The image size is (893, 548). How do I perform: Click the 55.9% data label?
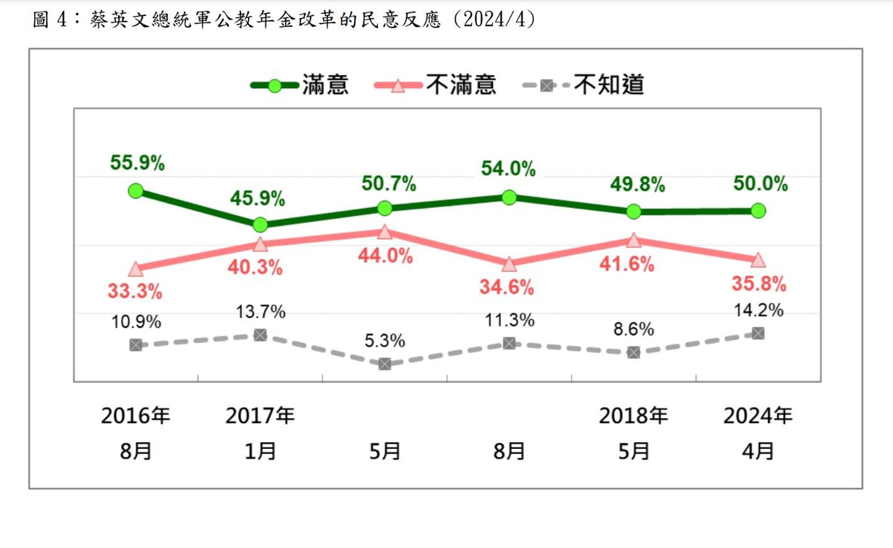tap(137, 163)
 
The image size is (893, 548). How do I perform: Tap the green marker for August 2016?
tap(136, 190)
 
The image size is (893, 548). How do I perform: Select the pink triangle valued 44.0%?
tap(384, 232)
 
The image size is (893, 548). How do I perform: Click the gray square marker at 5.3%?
tap(384, 364)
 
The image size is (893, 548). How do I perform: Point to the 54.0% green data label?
tap(508, 168)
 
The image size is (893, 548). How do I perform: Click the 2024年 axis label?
tap(757, 416)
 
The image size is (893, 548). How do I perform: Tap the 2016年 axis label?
tap(136, 416)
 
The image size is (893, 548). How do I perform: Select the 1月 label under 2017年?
tap(260, 451)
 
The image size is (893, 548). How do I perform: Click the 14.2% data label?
tap(758, 310)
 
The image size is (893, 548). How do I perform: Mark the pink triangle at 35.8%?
tap(758, 260)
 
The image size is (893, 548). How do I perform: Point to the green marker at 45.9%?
tap(260, 224)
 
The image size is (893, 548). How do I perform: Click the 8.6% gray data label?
tap(634, 329)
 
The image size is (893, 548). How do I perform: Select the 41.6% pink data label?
tap(627, 264)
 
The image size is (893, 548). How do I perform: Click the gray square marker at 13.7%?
tap(260, 335)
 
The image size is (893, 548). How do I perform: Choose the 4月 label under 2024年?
tap(757, 451)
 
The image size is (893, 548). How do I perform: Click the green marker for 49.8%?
tap(634, 211)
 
